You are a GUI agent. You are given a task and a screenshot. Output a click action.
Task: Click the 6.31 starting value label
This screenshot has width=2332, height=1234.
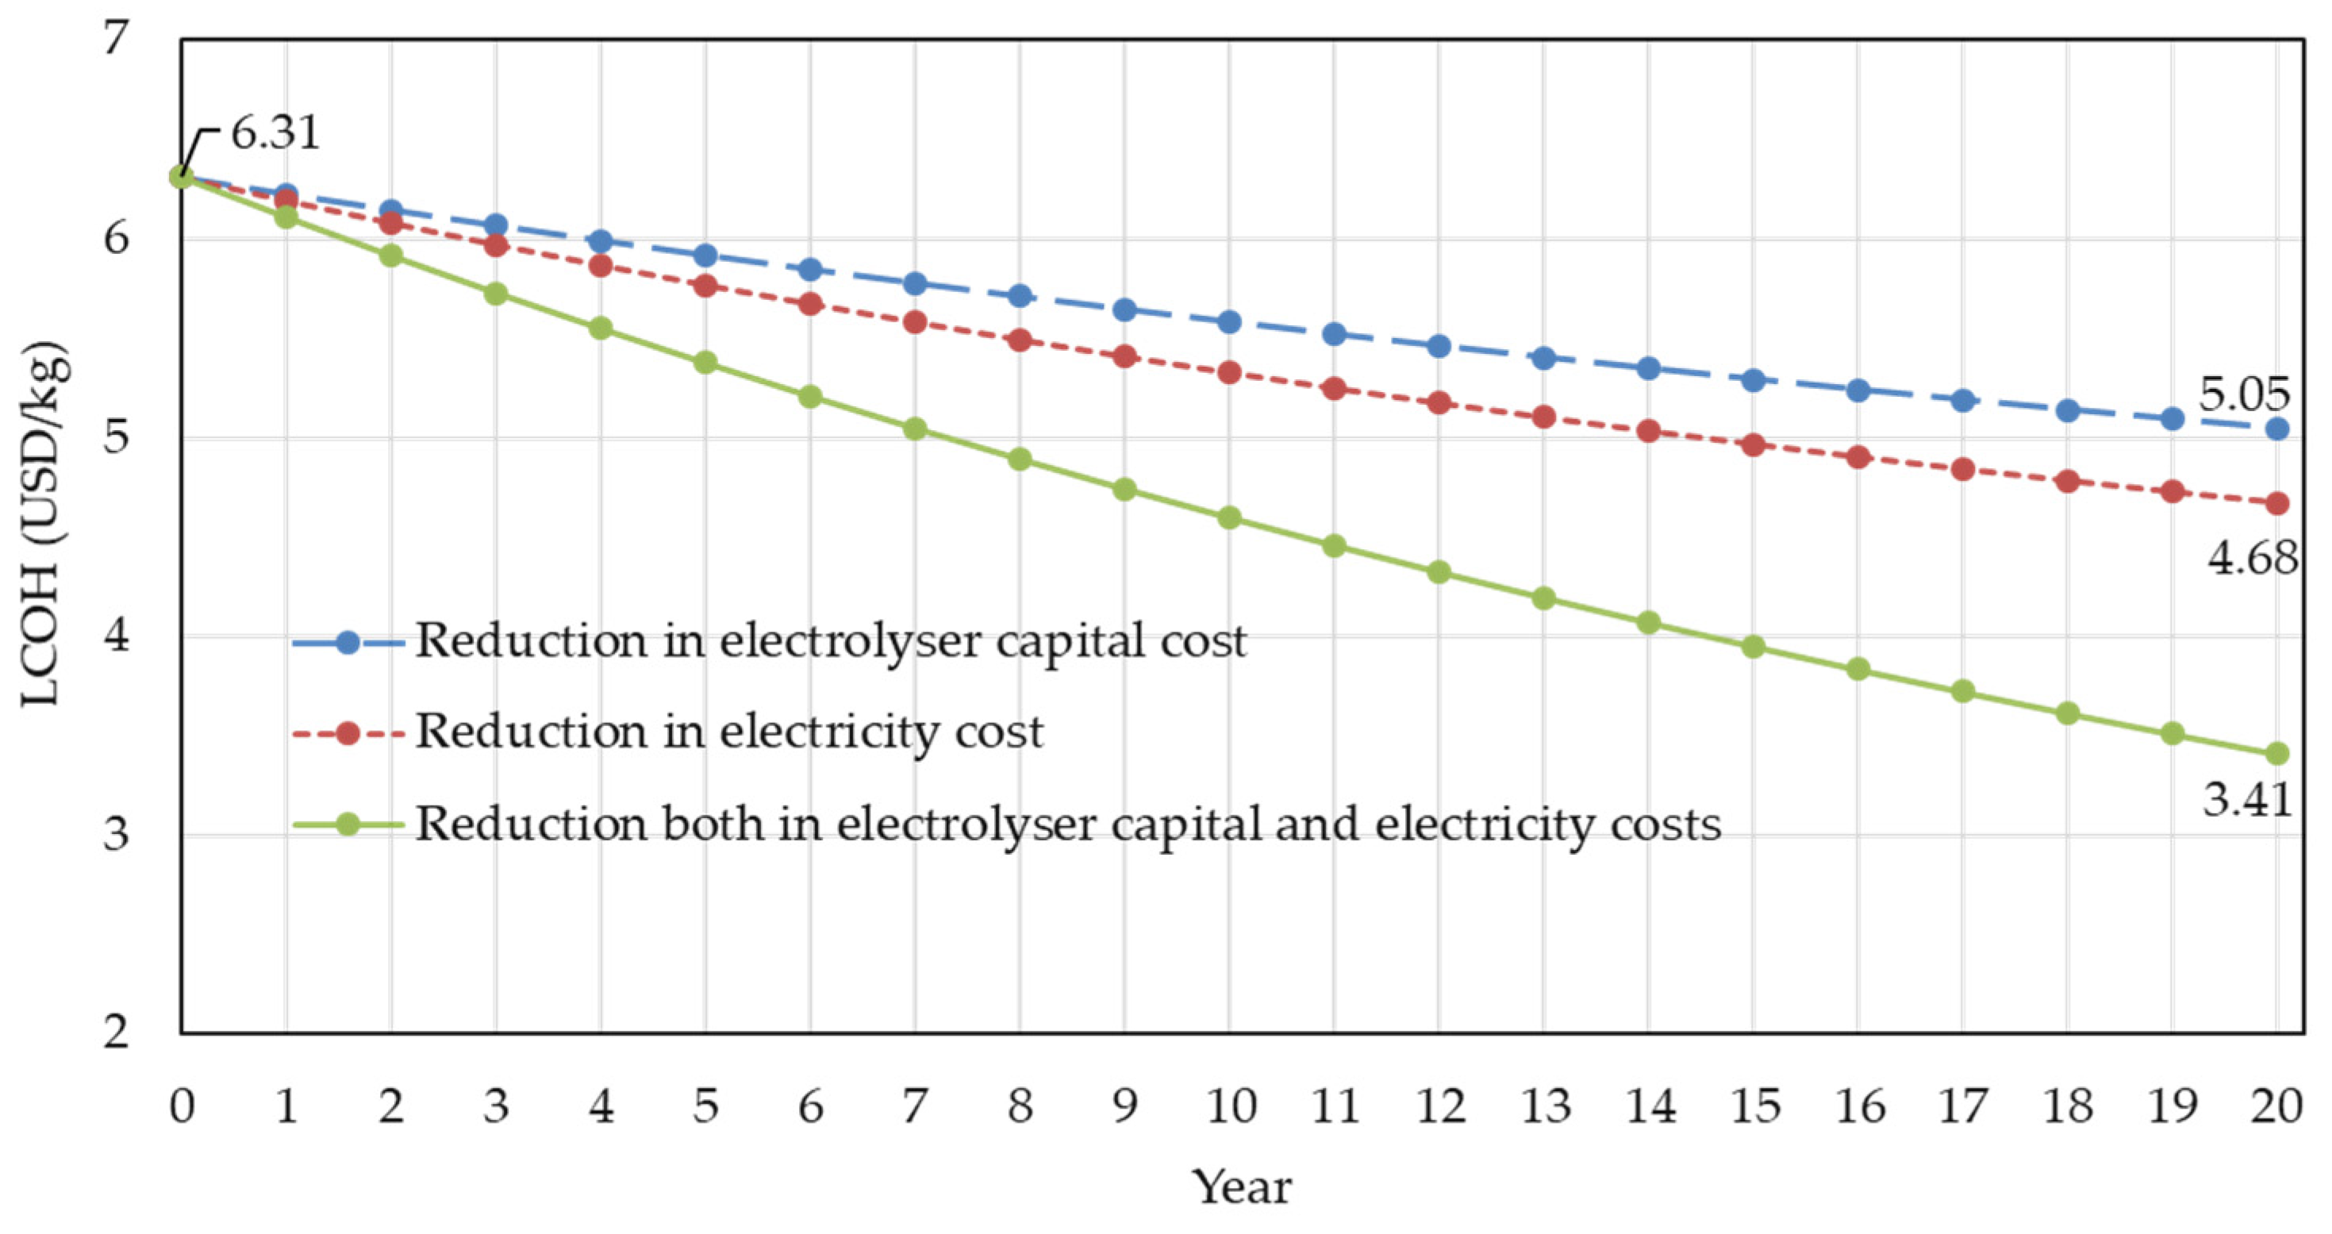[x=275, y=133]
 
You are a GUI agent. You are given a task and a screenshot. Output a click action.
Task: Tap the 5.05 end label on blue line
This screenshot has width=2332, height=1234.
[x=2244, y=394]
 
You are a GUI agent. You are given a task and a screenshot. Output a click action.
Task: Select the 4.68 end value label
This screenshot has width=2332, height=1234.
[x=2251, y=558]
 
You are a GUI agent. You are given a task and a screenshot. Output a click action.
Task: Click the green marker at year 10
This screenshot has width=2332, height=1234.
[x=1229, y=518]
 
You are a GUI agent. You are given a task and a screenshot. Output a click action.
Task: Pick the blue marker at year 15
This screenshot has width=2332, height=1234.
[x=1754, y=380]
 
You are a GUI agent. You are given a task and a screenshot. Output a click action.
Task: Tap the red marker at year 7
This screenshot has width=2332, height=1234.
[x=915, y=321]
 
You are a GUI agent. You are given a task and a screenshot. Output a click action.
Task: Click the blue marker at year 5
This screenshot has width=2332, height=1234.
[x=705, y=256]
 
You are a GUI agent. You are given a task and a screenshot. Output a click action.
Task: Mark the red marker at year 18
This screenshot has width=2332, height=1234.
[x=2068, y=481]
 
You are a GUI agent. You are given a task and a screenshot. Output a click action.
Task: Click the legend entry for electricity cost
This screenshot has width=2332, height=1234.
[x=728, y=732]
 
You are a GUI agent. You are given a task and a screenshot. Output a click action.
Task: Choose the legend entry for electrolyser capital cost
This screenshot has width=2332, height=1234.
[x=830, y=641]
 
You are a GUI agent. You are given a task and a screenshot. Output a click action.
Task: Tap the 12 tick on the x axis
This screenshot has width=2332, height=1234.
[x=1439, y=1106]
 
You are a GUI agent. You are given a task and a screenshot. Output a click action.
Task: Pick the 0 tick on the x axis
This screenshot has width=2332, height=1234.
[x=182, y=1106]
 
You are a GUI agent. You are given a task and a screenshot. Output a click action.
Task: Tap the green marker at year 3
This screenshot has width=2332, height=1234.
[x=495, y=294]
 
